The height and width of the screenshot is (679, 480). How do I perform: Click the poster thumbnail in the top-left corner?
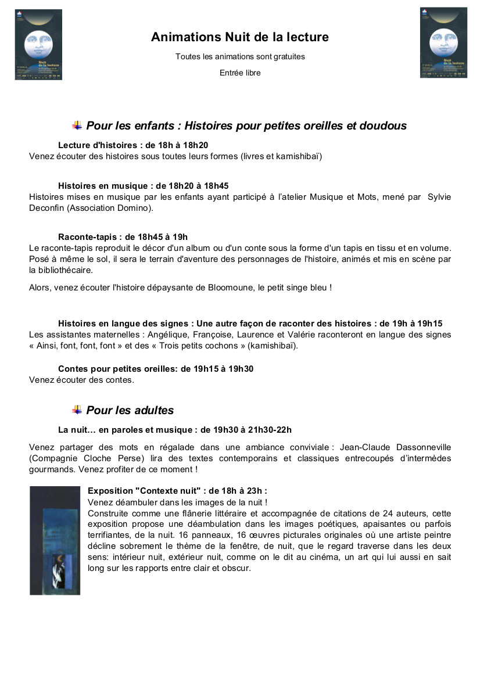[38, 44]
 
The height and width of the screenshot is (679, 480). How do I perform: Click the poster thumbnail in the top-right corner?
[443, 42]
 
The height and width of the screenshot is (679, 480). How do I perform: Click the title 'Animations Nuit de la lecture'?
[239, 37]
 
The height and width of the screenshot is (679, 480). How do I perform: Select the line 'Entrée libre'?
[240, 73]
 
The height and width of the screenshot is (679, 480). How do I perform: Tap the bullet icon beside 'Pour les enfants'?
[77, 125]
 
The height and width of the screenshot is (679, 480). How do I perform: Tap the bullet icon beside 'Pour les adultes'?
[77, 410]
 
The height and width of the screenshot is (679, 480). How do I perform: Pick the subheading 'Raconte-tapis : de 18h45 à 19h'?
[123, 236]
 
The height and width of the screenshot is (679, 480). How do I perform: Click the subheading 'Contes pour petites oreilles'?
[117, 369]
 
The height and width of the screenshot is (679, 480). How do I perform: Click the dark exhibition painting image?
[55, 540]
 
